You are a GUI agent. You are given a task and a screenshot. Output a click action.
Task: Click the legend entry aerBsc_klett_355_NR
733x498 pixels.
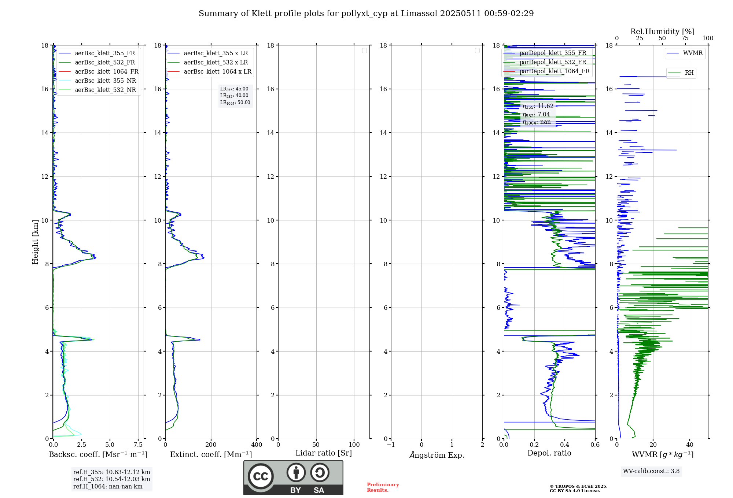(105, 81)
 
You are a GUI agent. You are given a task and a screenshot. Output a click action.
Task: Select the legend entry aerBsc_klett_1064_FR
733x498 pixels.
(106, 71)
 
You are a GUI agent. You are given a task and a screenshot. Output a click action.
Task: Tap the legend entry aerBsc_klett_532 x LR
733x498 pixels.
(216, 62)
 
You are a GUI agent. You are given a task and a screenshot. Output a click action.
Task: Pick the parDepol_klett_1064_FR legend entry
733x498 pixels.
(554, 71)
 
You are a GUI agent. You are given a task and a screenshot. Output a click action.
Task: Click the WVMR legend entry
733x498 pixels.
(692, 53)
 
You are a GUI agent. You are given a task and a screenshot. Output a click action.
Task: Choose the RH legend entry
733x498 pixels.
(689, 73)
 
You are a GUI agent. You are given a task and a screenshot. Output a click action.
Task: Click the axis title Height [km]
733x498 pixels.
(35, 242)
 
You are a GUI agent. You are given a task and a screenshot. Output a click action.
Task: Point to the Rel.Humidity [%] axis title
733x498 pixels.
(662, 31)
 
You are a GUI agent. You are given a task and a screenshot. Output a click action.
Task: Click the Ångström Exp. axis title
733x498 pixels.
(437, 455)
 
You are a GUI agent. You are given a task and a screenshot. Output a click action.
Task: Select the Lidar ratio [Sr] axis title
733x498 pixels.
(323, 453)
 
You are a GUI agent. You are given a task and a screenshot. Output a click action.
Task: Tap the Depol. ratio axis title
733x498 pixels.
(549, 453)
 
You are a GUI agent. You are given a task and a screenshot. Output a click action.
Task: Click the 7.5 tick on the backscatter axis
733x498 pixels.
(138, 445)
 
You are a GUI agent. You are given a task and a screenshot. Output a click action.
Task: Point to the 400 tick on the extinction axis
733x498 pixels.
(257, 445)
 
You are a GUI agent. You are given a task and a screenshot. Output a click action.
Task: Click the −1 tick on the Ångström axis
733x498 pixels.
(391, 445)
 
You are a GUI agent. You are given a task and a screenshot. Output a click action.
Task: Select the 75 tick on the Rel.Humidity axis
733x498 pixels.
(685, 38)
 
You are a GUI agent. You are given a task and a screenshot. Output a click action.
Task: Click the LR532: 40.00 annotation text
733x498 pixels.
(234, 96)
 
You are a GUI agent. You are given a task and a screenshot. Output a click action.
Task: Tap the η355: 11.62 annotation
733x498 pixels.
(538, 106)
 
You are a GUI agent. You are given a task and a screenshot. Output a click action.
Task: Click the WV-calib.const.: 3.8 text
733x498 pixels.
(651, 471)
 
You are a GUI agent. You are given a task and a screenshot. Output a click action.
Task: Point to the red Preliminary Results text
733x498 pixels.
(383, 487)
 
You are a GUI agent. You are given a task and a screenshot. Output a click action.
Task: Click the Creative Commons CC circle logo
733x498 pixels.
(261, 476)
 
